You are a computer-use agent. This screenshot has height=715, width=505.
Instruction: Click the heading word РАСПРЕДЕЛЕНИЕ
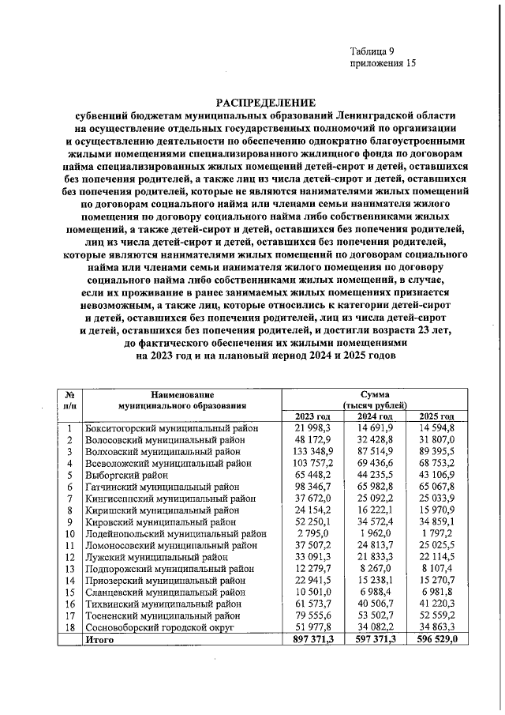coord(266,103)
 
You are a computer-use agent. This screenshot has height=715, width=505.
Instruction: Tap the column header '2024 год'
coord(374,416)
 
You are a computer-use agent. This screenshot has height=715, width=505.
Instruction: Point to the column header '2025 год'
coord(436,416)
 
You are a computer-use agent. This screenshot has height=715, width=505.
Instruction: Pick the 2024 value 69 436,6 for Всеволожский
coord(374,464)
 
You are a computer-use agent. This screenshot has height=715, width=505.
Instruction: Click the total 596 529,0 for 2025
coord(436,641)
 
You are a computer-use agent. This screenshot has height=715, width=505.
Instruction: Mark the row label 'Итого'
coord(99,641)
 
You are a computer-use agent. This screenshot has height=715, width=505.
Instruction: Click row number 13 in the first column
coord(69,570)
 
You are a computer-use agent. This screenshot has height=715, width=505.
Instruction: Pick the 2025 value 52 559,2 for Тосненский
coord(436,616)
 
